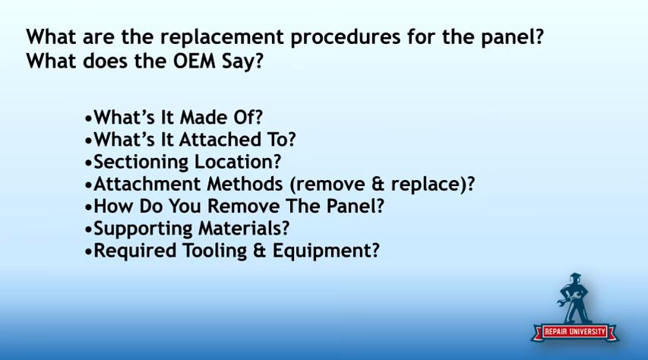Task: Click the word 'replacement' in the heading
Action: click(222, 38)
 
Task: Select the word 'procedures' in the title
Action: click(346, 38)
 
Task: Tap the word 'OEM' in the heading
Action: click(194, 62)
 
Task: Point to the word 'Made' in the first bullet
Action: click(204, 118)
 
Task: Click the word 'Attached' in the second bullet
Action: click(220, 139)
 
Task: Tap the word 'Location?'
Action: click(238, 162)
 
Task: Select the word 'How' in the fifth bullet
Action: click(113, 207)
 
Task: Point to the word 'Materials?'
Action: click(245, 229)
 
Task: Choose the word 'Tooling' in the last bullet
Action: click(215, 251)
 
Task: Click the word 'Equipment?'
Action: click(326, 251)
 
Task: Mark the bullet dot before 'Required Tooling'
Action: click(87, 251)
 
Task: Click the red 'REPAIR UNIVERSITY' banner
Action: click(574, 331)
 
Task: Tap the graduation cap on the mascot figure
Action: click(574, 276)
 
